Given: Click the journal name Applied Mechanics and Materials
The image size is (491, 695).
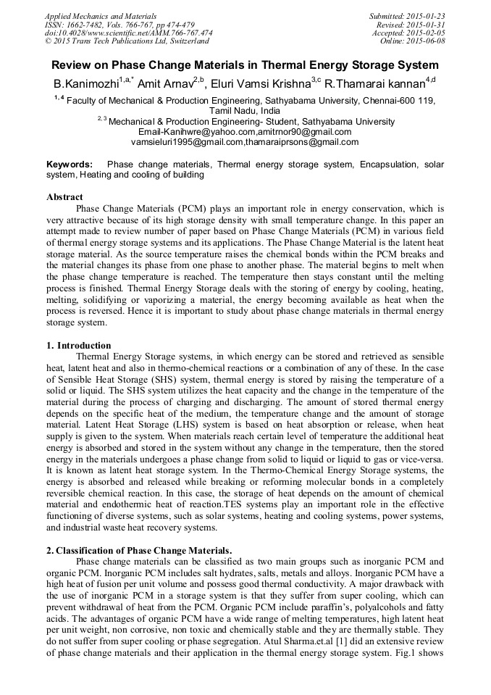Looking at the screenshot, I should (x=101, y=16).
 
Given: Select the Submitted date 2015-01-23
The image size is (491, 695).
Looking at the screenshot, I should (x=427, y=16).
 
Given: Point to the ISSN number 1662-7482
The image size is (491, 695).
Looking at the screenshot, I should (x=88, y=25).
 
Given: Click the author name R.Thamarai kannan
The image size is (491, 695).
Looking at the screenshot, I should (x=376, y=84).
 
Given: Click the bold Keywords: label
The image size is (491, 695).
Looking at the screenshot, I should (x=70, y=165).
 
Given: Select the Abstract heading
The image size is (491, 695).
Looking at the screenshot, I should (x=64, y=197).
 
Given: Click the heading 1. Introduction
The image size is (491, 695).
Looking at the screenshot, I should (x=79, y=346).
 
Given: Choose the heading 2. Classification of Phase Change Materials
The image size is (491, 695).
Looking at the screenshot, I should (x=139, y=551).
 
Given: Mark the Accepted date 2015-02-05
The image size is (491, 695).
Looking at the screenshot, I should (x=427, y=33).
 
